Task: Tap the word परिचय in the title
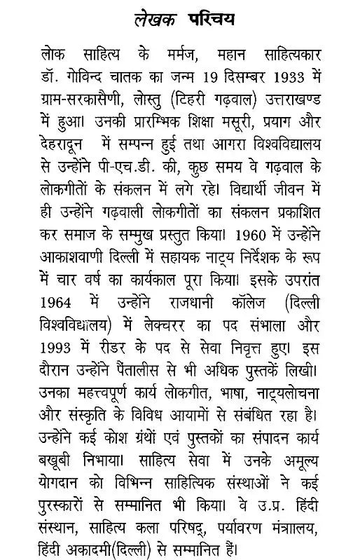click(x=211, y=18)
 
